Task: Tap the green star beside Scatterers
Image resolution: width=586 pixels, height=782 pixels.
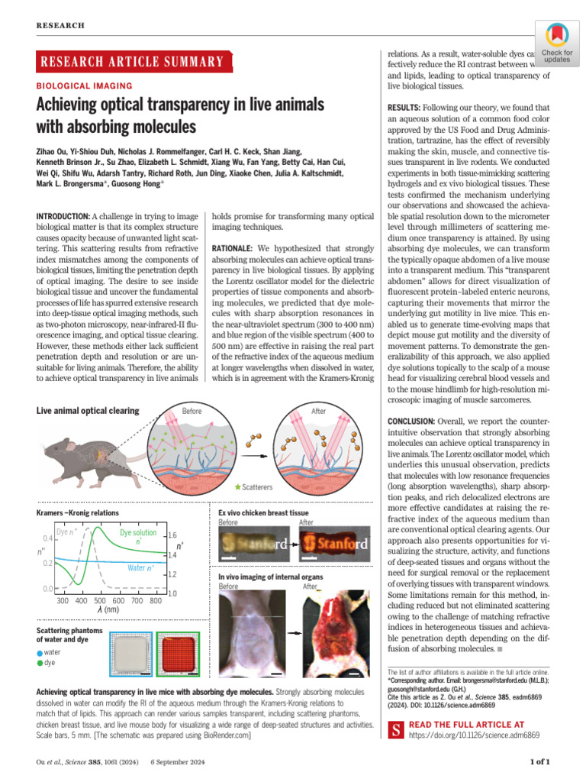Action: coord(237,486)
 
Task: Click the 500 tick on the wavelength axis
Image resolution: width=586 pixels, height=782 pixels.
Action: coord(100,600)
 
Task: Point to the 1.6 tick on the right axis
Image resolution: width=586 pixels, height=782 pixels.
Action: coord(172,536)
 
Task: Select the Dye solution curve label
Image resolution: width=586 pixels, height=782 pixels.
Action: coord(138,532)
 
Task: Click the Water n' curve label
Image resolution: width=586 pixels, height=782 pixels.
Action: coord(141,567)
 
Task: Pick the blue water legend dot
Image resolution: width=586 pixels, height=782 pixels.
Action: coord(40,653)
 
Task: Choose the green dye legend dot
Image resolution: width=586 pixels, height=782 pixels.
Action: coord(40,663)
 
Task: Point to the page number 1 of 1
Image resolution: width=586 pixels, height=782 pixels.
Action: coord(539,761)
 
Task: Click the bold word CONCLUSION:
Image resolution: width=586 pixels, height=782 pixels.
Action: coord(411,422)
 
